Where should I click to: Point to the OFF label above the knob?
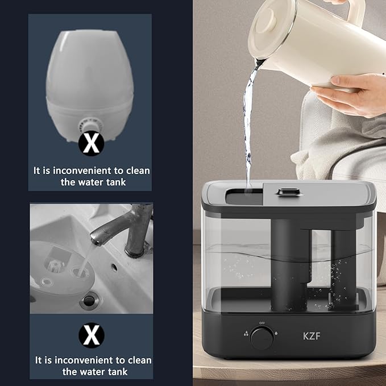click(x=262, y=322)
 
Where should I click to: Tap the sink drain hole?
click(x=90, y=300)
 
